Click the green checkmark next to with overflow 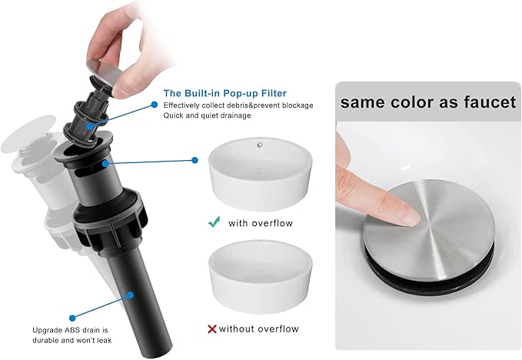tap(214, 222)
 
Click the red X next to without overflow tap(212, 329)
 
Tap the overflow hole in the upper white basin tap(260, 145)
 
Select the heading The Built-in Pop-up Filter tap(224, 93)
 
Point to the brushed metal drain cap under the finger tap(429, 230)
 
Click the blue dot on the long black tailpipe tap(131, 295)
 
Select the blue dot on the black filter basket tap(89, 127)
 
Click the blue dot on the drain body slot tap(105, 164)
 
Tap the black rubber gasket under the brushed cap tap(431, 270)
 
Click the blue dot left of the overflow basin tap(195, 161)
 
